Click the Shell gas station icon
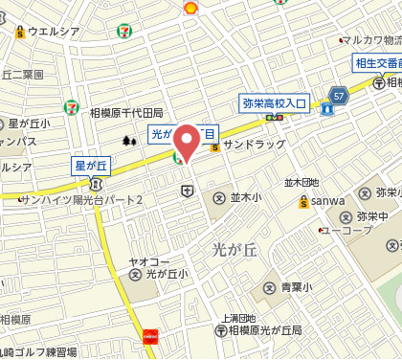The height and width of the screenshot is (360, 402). pos(190,7)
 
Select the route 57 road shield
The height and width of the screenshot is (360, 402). pos(338,94)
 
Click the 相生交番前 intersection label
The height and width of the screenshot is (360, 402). pos(375,64)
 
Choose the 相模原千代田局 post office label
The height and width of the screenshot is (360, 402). pos(126,112)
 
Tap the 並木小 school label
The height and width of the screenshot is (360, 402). pos(246,198)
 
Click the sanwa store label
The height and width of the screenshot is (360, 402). pos(326,201)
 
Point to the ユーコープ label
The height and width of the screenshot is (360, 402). pos(347,231)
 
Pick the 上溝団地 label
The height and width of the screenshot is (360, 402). pos(238,317)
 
